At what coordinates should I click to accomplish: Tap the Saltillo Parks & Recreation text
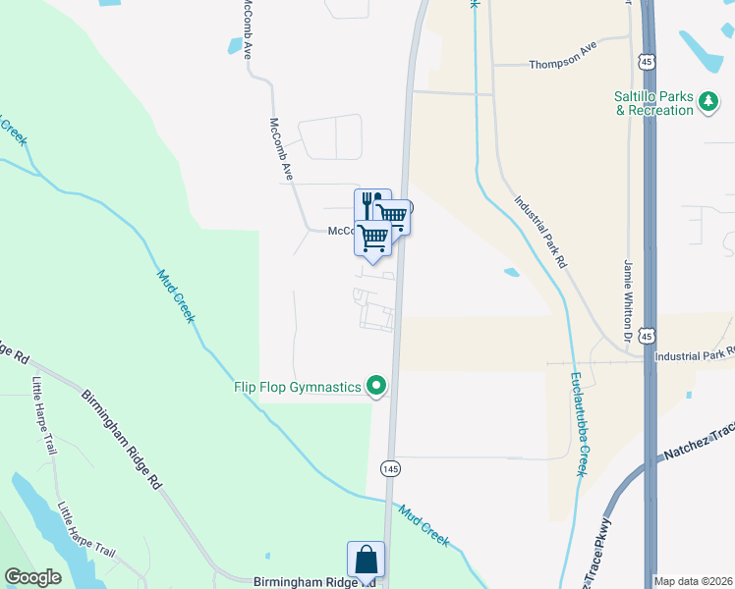click(x=654, y=103)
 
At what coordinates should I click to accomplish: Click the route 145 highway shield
click(x=391, y=468)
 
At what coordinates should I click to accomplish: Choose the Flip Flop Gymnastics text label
click(x=298, y=387)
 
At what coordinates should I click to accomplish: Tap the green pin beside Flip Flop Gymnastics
click(x=375, y=387)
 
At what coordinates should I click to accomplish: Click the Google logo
click(x=32, y=577)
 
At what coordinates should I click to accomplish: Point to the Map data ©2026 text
click(x=693, y=580)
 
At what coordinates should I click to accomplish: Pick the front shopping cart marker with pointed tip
click(x=372, y=239)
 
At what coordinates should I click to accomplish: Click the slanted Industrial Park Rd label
click(x=540, y=232)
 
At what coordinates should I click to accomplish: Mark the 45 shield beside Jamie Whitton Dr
click(x=646, y=336)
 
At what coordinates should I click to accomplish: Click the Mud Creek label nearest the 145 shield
click(x=424, y=524)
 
